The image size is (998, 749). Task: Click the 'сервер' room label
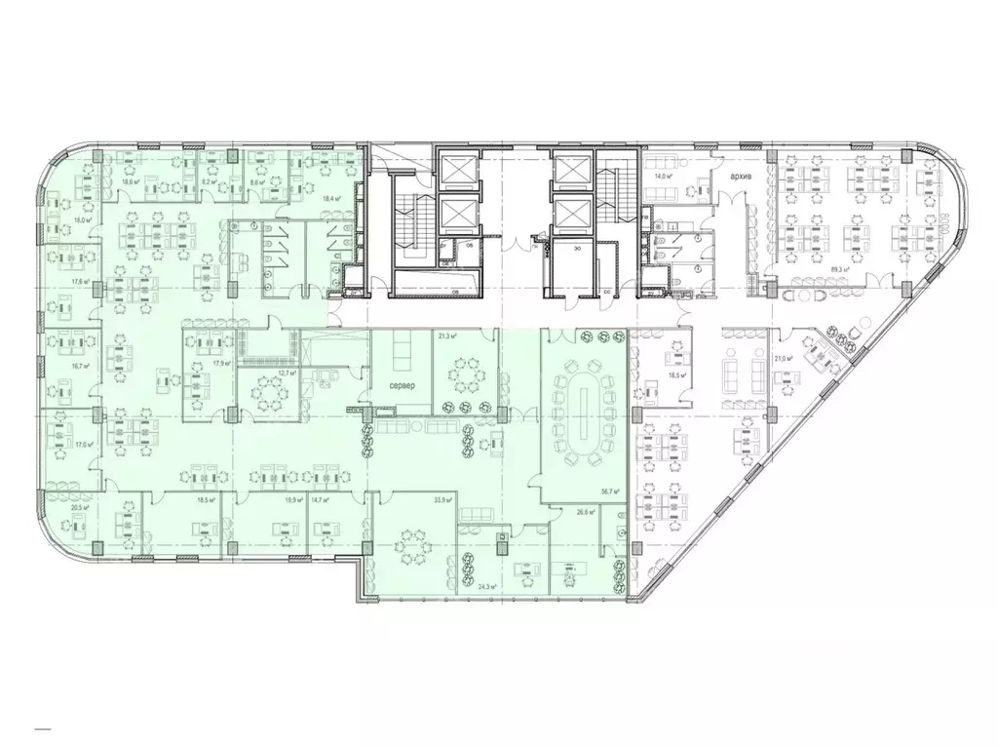tap(403, 386)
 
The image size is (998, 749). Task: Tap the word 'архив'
tap(747, 177)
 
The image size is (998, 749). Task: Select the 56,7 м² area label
tap(611, 493)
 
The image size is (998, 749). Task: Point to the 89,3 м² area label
tap(842, 270)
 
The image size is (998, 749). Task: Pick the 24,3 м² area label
tap(487, 586)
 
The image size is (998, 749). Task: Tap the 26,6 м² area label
tap(585, 511)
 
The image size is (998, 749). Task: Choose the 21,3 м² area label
tap(448, 336)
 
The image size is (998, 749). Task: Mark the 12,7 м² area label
tap(286, 372)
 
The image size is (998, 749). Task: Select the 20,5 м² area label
tap(80, 508)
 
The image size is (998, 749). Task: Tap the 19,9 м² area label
tap(291, 500)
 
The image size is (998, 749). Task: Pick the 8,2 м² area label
tap(208, 181)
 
